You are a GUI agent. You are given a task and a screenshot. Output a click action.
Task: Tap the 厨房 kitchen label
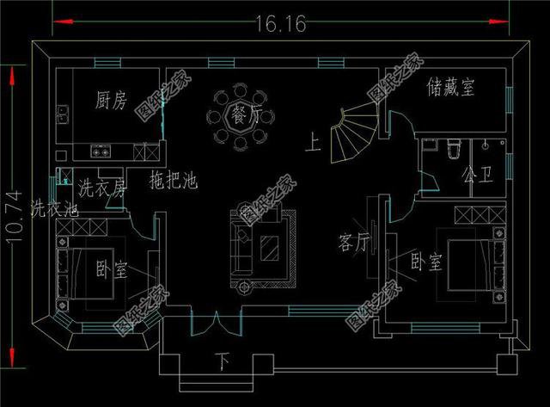112,102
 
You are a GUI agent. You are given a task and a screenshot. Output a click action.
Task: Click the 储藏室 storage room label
450,87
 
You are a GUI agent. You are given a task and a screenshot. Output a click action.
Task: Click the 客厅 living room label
354,243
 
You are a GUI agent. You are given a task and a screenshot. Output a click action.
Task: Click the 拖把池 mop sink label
174,182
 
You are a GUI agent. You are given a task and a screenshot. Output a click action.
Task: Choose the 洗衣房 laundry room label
102,187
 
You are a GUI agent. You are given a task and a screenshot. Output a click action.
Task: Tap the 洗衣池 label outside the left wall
54,208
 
